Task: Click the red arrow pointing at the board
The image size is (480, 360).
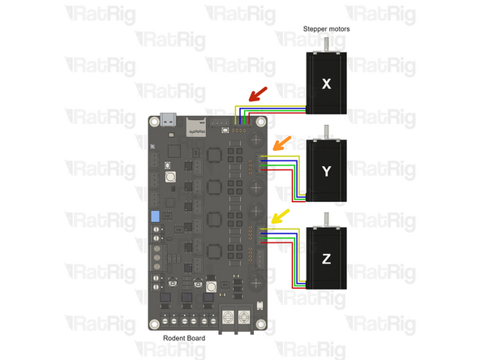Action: [259, 96]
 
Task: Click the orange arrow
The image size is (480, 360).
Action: [278, 144]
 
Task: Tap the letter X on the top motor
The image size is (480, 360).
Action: [326, 84]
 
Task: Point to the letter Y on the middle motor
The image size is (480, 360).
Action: [326, 171]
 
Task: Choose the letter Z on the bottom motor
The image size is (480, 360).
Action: [326, 259]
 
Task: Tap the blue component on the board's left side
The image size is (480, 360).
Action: [153, 218]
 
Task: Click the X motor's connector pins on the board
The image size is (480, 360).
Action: [240, 127]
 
